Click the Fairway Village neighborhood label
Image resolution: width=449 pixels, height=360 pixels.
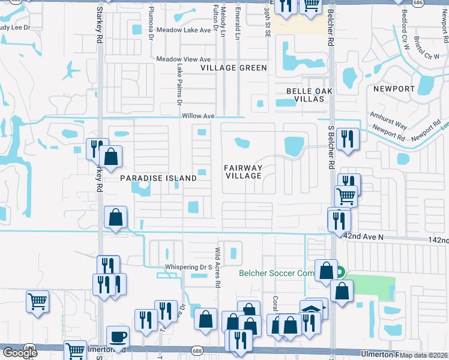[x=243, y=172]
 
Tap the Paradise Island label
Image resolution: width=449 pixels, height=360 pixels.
[x=158, y=178]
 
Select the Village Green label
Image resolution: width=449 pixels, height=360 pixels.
[x=234, y=68]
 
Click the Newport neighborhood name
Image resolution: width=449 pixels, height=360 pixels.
[x=394, y=88]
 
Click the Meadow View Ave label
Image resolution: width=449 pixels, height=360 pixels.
[x=183, y=59]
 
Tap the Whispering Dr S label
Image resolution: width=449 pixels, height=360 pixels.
[x=189, y=267]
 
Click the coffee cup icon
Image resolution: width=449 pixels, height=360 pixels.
[x=118, y=336]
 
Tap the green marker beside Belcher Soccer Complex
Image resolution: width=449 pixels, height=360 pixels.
[x=340, y=272]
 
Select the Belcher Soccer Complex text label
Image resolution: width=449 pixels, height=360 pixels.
[x=277, y=273]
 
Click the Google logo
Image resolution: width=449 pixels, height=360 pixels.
[x=20, y=353]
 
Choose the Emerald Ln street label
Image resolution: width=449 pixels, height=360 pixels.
[x=238, y=26]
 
